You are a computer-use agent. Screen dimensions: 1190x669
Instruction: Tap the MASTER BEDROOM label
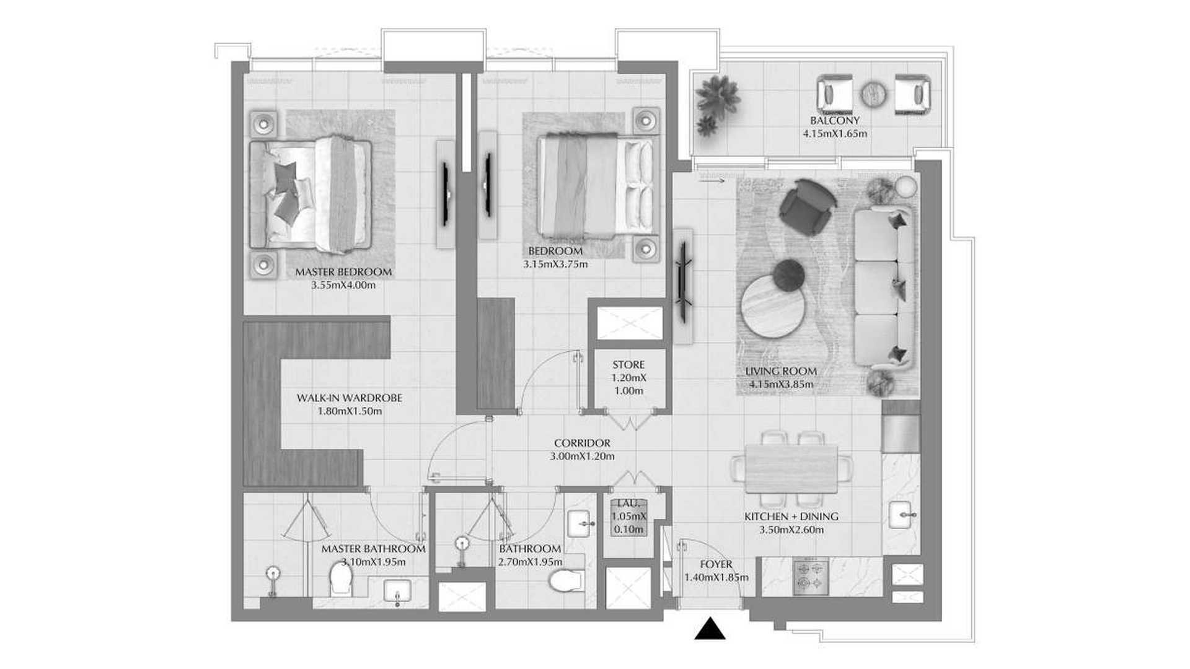tap(343, 272)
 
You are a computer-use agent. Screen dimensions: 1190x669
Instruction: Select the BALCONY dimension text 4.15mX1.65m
tap(835, 133)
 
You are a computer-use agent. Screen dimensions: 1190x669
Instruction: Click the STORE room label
tap(628, 365)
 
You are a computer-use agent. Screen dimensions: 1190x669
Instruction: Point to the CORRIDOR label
tap(582, 444)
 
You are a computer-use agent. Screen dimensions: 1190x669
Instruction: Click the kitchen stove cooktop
tap(811, 577)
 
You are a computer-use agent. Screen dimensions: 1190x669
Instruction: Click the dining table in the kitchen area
tap(791, 468)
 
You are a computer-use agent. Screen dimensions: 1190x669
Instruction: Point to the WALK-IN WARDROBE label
tap(350, 398)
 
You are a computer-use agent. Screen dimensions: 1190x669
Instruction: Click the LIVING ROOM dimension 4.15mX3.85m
tap(781, 385)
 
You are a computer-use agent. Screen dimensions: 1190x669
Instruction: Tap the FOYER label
tap(716, 564)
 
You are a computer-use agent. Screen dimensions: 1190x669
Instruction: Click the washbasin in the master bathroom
tap(397, 590)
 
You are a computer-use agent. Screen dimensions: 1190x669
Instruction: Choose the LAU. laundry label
tap(629, 504)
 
